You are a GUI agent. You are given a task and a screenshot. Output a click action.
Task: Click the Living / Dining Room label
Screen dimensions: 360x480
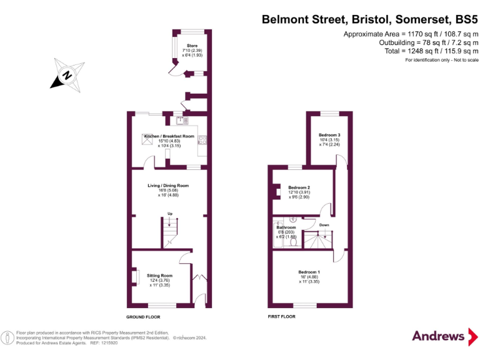coord(167,186)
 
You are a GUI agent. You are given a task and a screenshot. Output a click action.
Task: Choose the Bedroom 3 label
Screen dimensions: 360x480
coord(329,135)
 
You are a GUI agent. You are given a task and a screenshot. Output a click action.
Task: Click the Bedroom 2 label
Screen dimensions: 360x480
coord(299,187)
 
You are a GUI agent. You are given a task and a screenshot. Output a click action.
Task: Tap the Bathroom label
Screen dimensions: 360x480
coord(286,227)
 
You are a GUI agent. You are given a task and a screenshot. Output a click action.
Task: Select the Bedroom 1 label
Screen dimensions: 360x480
coord(309,272)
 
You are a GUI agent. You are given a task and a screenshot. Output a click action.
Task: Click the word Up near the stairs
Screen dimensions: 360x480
coord(170,214)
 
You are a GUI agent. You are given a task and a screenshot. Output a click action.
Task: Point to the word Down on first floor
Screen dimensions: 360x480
coord(324,224)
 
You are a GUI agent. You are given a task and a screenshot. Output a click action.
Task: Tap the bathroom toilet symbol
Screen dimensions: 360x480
coord(293,241)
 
